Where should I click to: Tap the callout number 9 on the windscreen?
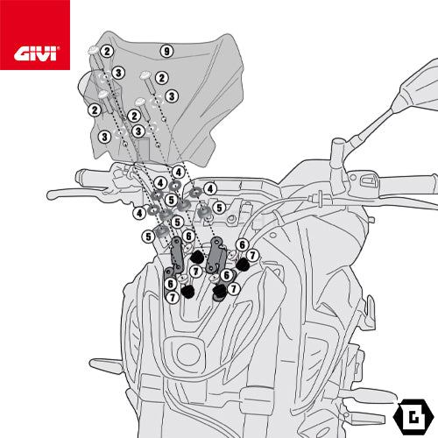[x=166, y=52]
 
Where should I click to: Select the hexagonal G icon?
[x=413, y=416]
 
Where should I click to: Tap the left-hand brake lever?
[x=77, y=194]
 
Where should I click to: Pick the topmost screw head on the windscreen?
[x=94, y=50]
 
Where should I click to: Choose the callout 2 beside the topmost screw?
[x=107, y=52]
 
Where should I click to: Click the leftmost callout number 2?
[x=95, y=110]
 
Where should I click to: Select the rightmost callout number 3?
[x=172, y=96]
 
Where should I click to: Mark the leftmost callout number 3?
[x=104, y=137]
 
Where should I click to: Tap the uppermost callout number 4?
[x=179, y=172]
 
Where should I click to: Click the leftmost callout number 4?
[x=139, y=213]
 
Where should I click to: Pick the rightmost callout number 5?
[x=219, y=208]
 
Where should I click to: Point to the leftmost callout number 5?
[x=148, y=237]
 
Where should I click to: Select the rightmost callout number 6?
[x=242, y=244]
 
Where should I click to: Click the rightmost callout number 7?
[x=252, y=255]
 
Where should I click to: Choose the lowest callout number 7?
[x=173, y=298]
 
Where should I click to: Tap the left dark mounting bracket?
[x=177, y=253]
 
